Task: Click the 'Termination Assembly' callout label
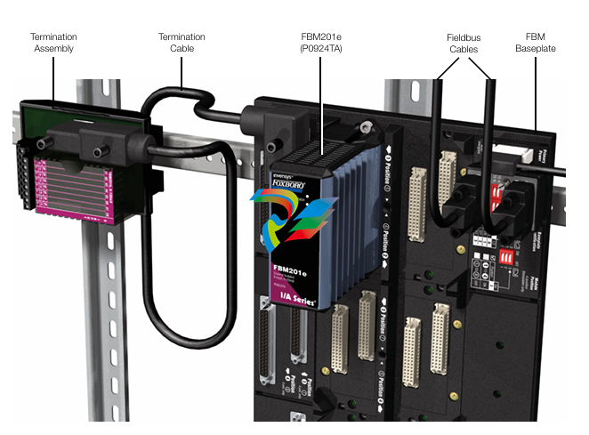53,43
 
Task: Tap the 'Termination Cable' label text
182,43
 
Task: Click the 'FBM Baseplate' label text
536,43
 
